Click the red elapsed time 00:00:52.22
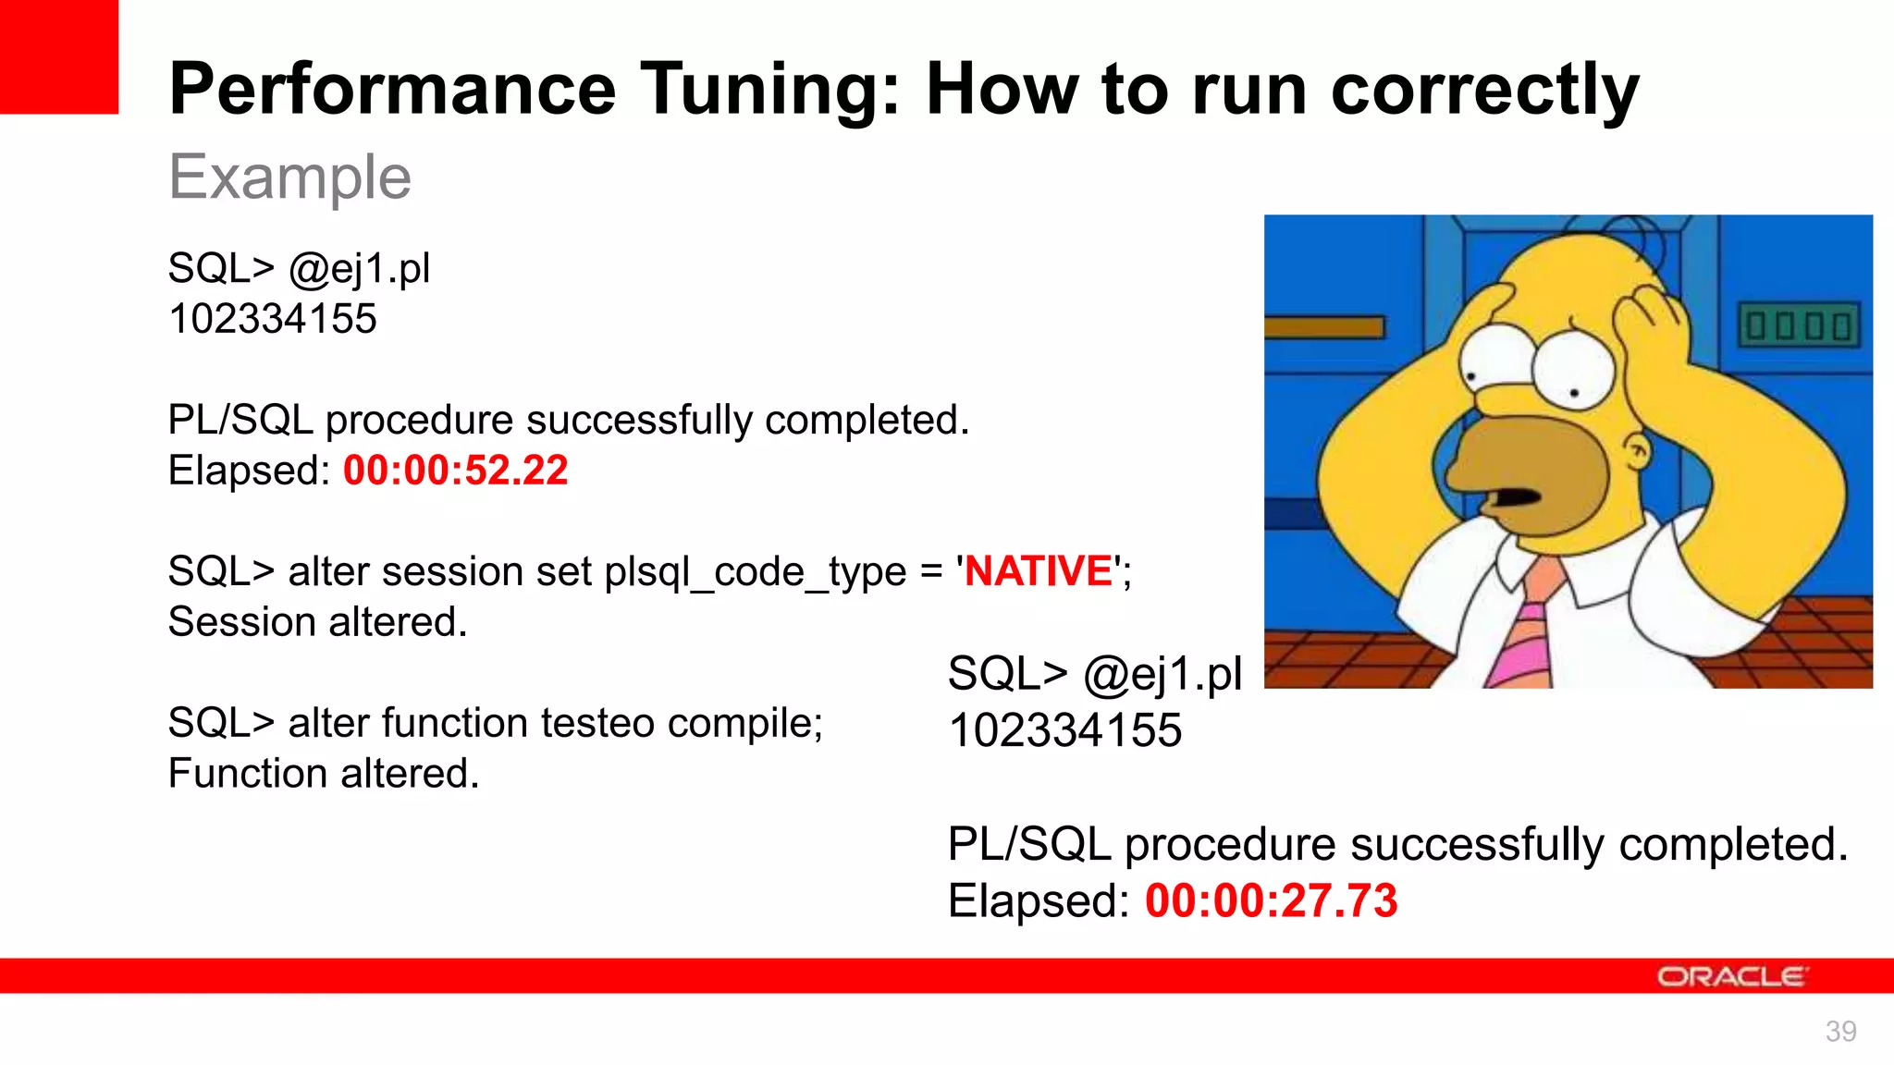pyautogui.click(x=455, y=471)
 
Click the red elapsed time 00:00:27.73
pyautogui.click(x=1271, y=901)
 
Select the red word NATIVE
pyautogui.click(x=1038, y=571)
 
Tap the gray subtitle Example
pyautogui.click(x=289, y=177)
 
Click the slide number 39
pyautogui.click(x=1840, y=1031)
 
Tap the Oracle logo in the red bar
pyautogui.click(x=1731, y=976)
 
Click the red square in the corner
pyautogui.click(x=58, y=55)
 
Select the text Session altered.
pyautogui.click(x=317, y=622)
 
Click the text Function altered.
pyautogui.click(x=324, y=774)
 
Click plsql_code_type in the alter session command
pyautogui.click(x=755, y=572)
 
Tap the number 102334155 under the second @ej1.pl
pyautogui.click(x=1064, y=731)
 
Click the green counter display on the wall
pyautogui.click(x=1799, y=325)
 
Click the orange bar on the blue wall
pyautogui.click(x=1324, y=327)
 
